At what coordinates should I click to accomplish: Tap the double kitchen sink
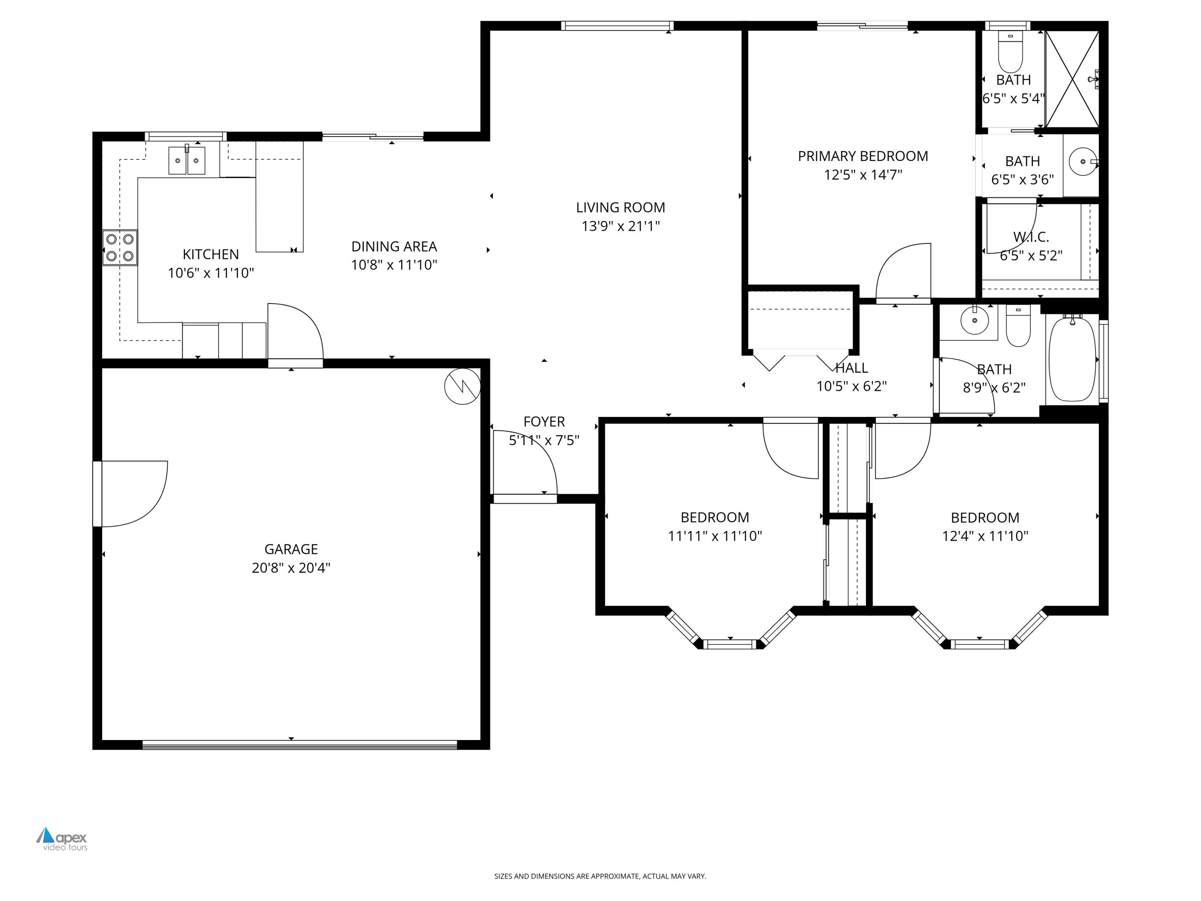(x=187, y=161)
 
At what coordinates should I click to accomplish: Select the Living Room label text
(x=620, y=207)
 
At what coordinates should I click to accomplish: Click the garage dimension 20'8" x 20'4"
(x=291, y=567)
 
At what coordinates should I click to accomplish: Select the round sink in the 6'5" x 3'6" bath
(x=1083, y=161)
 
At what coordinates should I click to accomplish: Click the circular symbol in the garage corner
(x=462, y=386)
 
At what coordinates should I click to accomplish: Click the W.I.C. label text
(x=1030, y=237)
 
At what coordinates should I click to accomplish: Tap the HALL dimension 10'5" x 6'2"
(x=852, y=386)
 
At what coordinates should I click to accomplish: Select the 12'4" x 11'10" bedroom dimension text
(x=985, y=536)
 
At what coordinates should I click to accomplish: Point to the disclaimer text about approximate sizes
(x=600, y=876)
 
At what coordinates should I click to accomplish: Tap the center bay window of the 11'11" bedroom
(x=730, y=644)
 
